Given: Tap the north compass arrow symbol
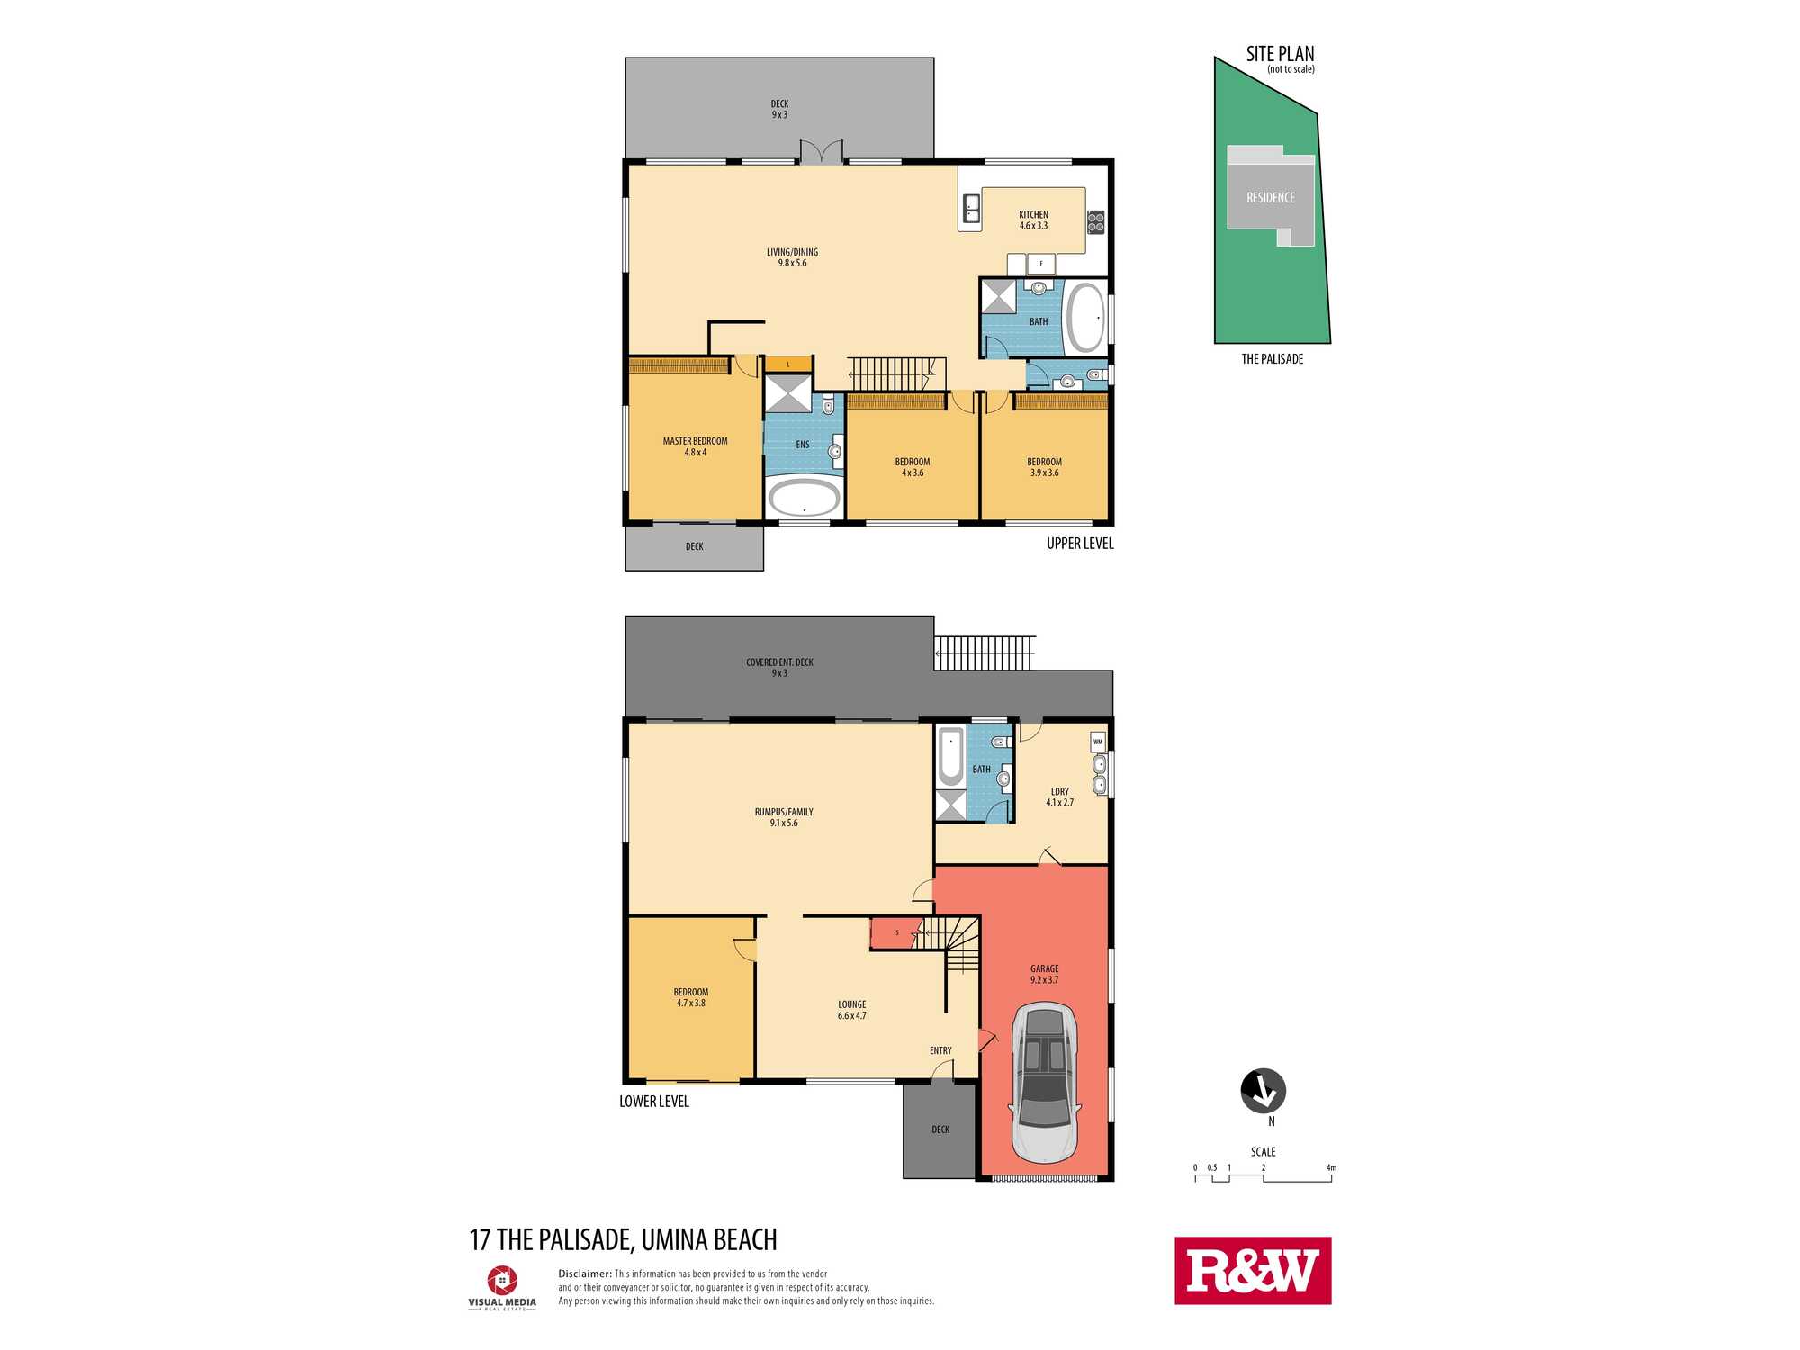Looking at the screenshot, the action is click(1264, 1091).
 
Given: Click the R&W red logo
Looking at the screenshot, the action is click(1253, 1270).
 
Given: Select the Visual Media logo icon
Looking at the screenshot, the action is click(502, 1280).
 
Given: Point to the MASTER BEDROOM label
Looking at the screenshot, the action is click(696, 441).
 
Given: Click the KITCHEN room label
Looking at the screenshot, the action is click(1033, 215).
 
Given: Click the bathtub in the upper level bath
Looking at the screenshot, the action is click(1085, 318).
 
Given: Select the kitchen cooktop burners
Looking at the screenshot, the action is click(1095, 221).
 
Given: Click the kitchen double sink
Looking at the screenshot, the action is click(972, 209).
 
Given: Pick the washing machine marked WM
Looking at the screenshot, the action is click(1098, 742).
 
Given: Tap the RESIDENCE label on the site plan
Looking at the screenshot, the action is click(1271, 198).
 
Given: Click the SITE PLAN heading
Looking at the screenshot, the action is click(1280, 54).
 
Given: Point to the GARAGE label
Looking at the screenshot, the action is click(1045, 968).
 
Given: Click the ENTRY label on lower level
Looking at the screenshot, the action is click(940, 1050).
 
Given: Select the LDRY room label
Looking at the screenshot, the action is click(1060, 792).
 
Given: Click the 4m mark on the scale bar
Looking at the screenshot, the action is click(1331, 1168).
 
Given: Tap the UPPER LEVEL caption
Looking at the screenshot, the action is click(1080, 544).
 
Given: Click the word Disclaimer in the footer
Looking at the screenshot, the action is click(585, 1273).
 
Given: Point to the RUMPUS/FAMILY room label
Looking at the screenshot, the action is click(784, 812).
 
